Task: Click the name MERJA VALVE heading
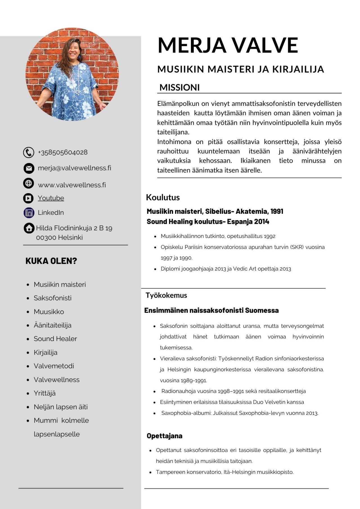tap(228, 45)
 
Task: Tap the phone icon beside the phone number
tap(28, 152)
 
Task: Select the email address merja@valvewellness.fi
tap(75, 168)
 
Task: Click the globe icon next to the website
tap(28, 183)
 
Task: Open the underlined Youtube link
tap(51, 198)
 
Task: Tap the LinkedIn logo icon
tap(29, 213)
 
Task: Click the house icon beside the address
tap(29, 228)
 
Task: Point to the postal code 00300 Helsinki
tap(59, 237)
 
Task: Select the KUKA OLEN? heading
tap(51, 261)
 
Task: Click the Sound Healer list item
tap(55, 339)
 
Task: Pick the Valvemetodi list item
tap(54, 366)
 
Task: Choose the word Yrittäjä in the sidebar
tap(45, 393)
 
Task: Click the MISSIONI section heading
tap(179, 87)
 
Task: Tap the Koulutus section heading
tap(163, 197)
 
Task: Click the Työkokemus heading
tap(166, 295)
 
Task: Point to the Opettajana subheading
tap(165, 436)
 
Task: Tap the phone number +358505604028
tap(63, 152)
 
